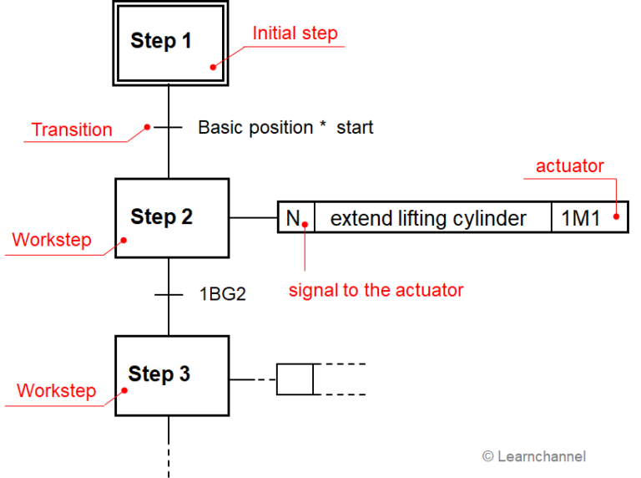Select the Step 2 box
click(x=171, y=218)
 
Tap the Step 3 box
click(x=171, y=375)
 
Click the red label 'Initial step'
click(x=295, y=33)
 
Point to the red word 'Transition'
click(x=72, y=130)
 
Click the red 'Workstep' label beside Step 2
click(x=52, y=240)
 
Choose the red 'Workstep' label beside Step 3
click(x=56, y=390)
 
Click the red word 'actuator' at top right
click(x=569, y=165)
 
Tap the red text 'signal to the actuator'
click(x=376, y=290)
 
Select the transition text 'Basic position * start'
click(x=285, y=128)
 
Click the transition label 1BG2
click(x=222, y=294)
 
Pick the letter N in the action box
click(x=293, y=218)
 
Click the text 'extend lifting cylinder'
click(x=428, y=218)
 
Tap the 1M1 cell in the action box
click(x=580, y=218)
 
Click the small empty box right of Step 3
click(x=295, y=379)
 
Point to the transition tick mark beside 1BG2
click(x=169, y=294)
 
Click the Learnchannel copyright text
click(x=534, y=456)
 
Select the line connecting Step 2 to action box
click(x=253, y=218)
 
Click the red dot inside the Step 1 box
click(x=214, y=67)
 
